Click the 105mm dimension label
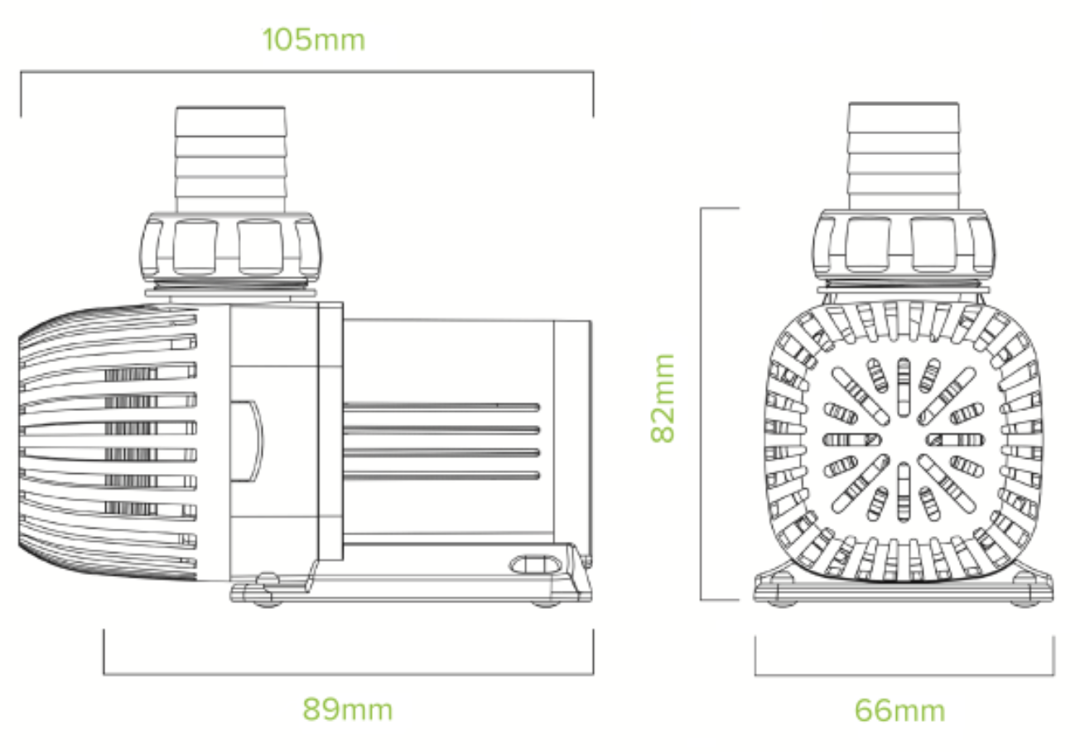(x=314, y=40)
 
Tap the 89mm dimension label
(x=348, y=709)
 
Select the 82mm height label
(x=663, y=398)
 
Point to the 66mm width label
(x=899, y=711)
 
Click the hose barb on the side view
(x=231, y=159)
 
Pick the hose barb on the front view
(x=904, y=156)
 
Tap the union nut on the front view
(x=904, y=245)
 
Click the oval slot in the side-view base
(x=535, y=565)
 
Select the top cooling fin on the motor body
(x=441, y=407)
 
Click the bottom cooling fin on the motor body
(x=441, y=476)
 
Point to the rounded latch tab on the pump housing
(x=247, y=441)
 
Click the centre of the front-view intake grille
(x=904, y=439)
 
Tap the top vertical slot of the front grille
(x=904, y=387)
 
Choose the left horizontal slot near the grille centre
(x=852, y=440)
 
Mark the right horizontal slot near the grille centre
(x=955, y=440)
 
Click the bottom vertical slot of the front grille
(x=904, y=492)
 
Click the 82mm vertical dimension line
(x=701, y=404)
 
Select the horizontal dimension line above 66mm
(x=904, y=675)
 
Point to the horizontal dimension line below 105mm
(x=307, y=71)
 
